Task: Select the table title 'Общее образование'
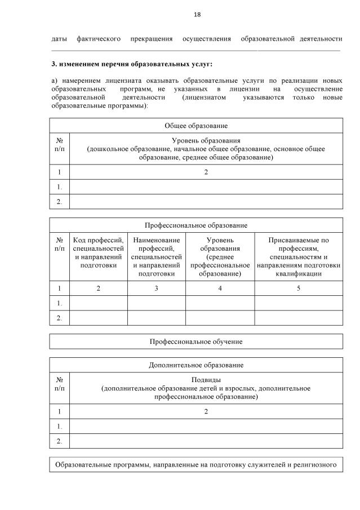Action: (196, 126)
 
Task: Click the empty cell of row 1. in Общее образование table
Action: (206, 187)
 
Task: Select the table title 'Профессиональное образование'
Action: (196, 225)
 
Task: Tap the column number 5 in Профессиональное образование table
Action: (299, 289)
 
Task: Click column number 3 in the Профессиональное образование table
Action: (157, 289)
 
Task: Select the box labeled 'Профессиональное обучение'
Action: (196, 342)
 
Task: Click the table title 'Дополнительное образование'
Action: (196, 365)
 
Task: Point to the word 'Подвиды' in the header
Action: (206, 379)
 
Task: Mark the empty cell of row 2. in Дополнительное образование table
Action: (206, 441)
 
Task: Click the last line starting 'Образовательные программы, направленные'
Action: (196, 465)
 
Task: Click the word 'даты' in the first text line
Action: (59, 39)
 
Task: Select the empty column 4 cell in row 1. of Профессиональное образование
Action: (220, 303)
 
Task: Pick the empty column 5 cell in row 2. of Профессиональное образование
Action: (299, 318)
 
